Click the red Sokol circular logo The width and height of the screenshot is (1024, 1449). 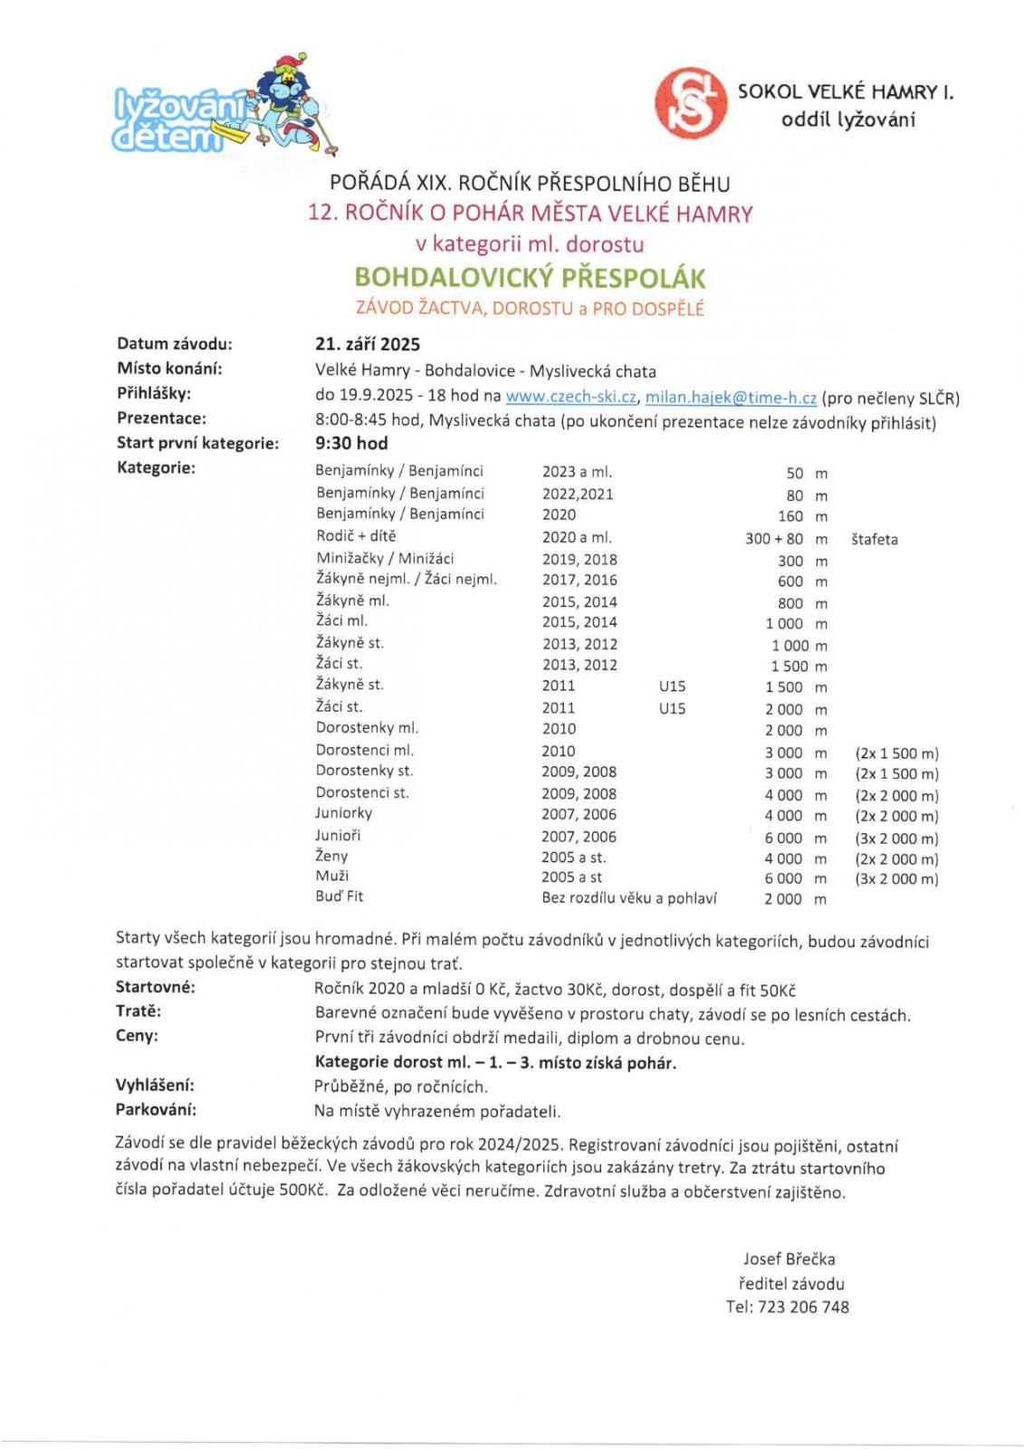(x=691, y=103)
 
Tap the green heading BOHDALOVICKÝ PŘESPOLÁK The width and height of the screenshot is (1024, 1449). (x=530, y=277)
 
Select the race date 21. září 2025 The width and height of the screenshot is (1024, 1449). (x=368, y=344)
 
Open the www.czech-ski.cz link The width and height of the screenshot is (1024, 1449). (x=570, y=397)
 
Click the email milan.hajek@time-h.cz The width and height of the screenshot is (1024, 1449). (x=731, y=397)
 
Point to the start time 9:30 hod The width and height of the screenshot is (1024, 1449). (x=351, y=444)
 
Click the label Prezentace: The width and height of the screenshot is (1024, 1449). (x=161, y=418)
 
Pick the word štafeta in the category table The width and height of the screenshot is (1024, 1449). (x=874, y=540)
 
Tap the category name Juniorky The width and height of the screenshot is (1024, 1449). (x=343, y=813)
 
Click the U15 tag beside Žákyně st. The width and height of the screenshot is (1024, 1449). (x=672, y=686)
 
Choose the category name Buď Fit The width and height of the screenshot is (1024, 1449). (x=340, y=897)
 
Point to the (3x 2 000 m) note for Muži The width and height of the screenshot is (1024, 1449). (x=896, y=878)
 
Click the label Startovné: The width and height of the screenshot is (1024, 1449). (x=155, y=987)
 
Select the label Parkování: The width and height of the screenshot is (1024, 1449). (x=156, y=1109)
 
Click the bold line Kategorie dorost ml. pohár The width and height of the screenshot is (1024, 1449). (x=495, y=1063)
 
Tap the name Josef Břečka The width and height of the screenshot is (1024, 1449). (x=789, y=1259)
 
